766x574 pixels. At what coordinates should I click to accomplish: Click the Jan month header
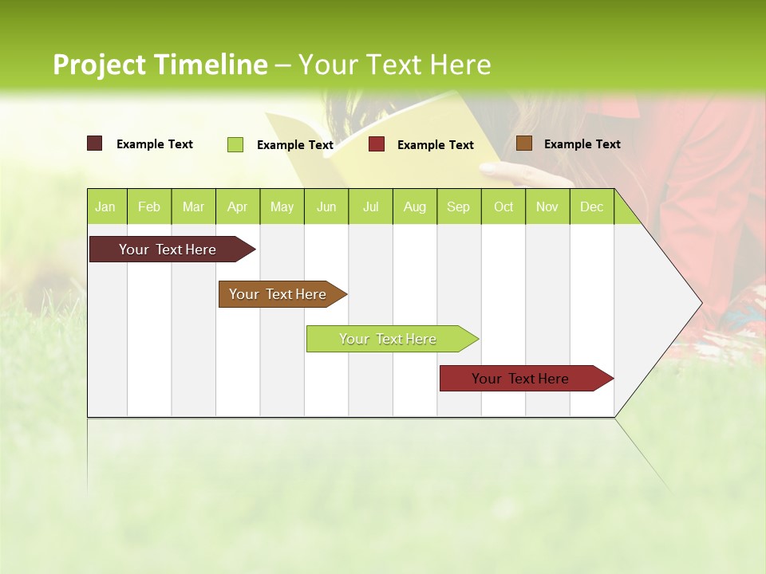click(x=105, y=206)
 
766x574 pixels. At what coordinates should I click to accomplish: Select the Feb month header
click(x=149, y=206)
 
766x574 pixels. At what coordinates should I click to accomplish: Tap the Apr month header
click(x=237, y=206)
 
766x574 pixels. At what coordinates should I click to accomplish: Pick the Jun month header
click(x=326, y=206)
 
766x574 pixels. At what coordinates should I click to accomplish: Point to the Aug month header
click(x=414, y=206)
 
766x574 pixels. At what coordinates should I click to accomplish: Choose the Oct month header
click(x=503, y=206)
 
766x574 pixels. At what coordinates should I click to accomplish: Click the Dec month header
click(x=591, y=206)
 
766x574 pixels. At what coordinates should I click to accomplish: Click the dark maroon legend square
click(x=94, y=143)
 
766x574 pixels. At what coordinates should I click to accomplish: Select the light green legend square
click(x=235, y=144)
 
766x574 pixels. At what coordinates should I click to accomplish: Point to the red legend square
click(x=377, y=144)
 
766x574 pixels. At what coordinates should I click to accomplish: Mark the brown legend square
click(x=523, y=143)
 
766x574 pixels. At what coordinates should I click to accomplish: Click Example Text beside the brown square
click(x=582, y=144)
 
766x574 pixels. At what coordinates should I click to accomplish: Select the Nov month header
click(x=547, y=206)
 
